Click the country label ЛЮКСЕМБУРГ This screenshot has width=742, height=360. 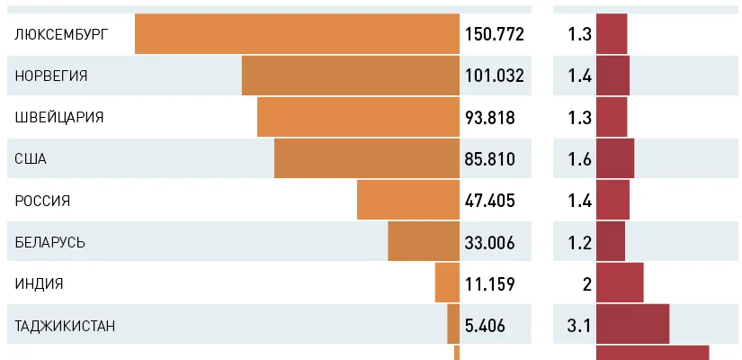click(62, 34)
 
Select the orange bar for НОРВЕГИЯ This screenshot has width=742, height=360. click(351, 76)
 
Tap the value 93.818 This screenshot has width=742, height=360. click(495, 118)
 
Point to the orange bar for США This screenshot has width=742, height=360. click(367, 159)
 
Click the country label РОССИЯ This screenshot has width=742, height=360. click(42, 201)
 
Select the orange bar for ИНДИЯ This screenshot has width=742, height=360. click(447, 283)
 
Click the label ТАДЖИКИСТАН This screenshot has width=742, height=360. click(66, 326)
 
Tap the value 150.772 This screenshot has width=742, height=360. click(495, 34)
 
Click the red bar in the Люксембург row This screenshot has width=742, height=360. click(612, 34)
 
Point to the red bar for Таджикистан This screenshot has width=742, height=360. click(632, 324)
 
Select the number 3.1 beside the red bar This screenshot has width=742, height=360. click(579, 326)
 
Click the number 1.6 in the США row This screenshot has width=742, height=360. click(579, 159)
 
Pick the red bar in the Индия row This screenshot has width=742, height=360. click(620, 283)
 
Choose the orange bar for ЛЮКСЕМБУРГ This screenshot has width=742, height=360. click(297, 34)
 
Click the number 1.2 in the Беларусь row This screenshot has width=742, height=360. click(579, 243)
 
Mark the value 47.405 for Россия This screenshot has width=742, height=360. click(490, 201)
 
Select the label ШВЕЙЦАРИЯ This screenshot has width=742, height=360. click(59, 118)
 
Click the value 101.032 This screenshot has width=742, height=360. click(495, 76)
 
